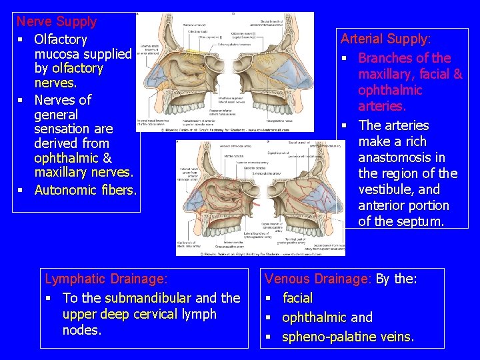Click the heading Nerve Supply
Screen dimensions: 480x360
coord(57,21)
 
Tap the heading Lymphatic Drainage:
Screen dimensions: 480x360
coord(106,278)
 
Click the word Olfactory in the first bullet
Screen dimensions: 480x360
coord(61,39)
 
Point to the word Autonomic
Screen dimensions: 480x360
coord(66,190)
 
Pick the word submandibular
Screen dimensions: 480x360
coord(147,298)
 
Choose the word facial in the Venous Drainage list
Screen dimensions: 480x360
coord(297,298)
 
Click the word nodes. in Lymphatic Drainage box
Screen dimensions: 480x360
coord(81,330)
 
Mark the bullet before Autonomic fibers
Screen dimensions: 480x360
coord(22,191)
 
